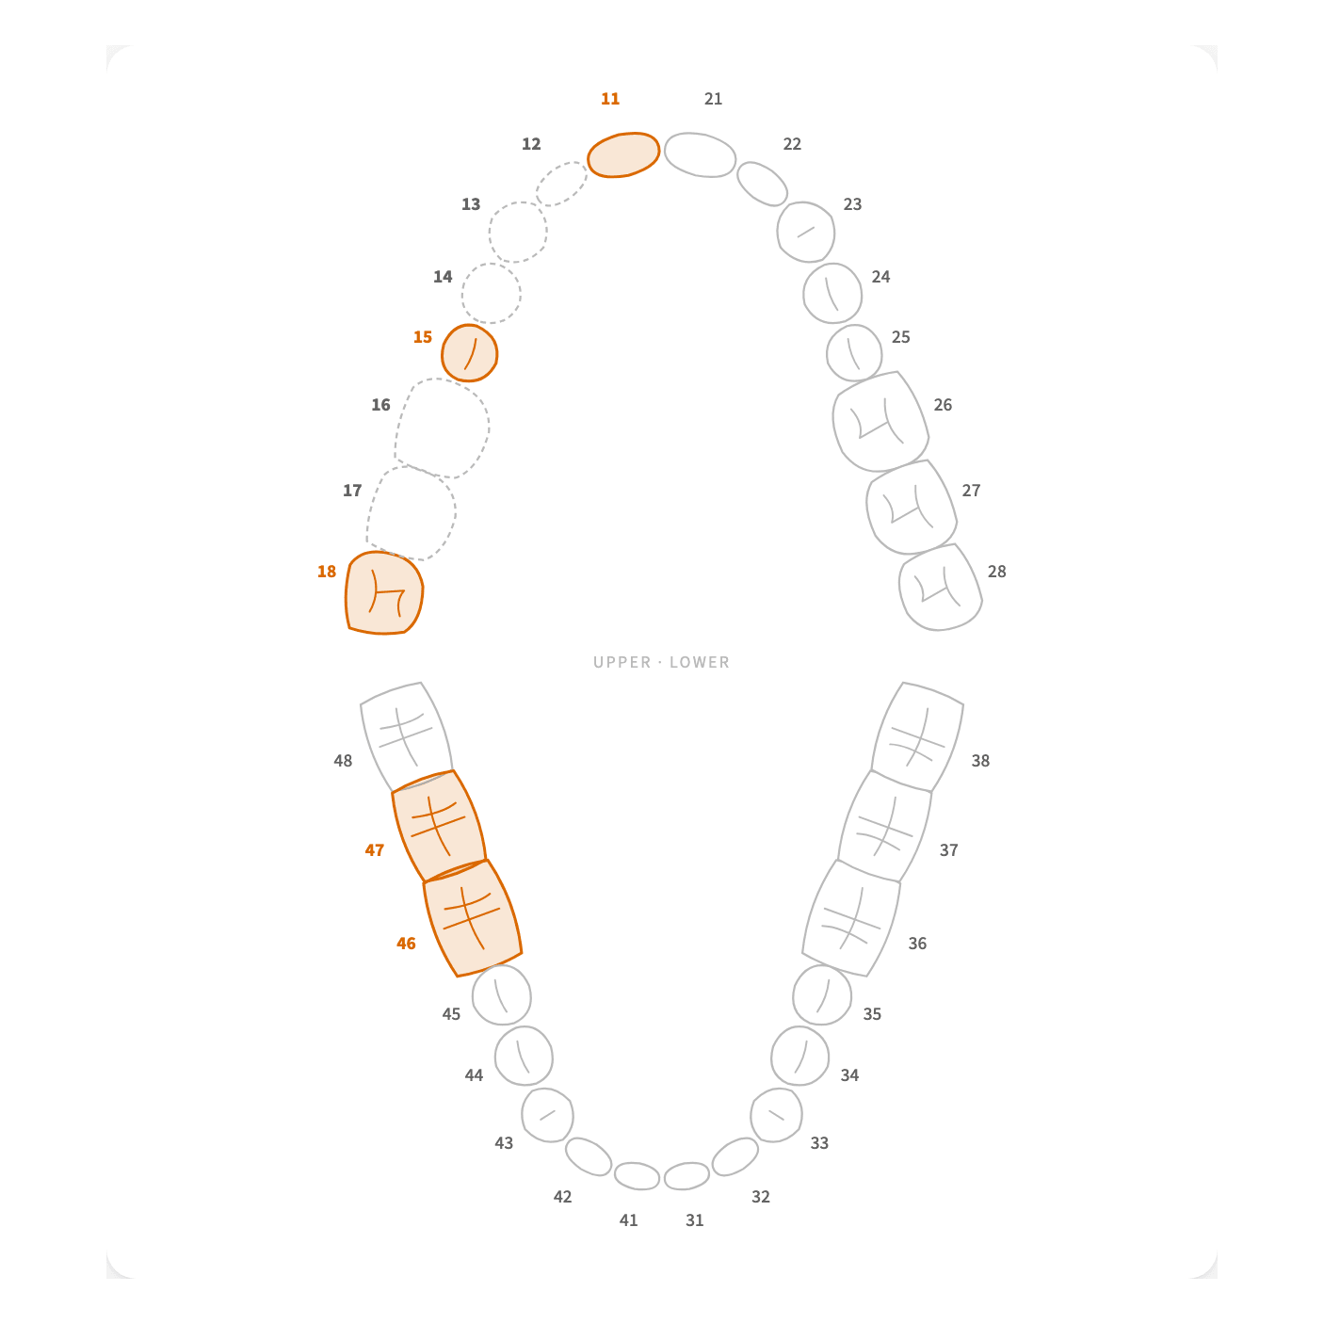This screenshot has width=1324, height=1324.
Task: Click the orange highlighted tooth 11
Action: click(x=623, y=154)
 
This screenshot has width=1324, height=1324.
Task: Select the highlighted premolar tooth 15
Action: click(x=469, y=353)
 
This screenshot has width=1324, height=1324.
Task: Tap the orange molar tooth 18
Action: click(x=383, y=592)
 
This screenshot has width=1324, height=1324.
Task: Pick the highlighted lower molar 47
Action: click(x=439, y=826)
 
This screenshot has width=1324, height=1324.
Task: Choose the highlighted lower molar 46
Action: click(x=472, y=917)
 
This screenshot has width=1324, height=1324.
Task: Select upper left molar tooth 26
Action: click(x=880, y=422)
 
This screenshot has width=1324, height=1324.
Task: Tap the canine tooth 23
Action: click(x=806, y=233)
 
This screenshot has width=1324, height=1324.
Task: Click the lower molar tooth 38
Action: click(x=917, y=736)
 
